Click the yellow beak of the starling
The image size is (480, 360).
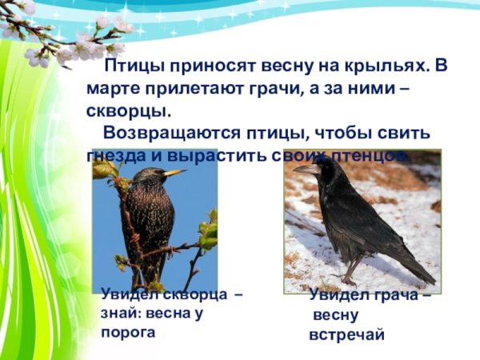click(x=174, y=171)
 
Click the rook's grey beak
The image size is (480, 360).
click(x=305, y=169)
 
